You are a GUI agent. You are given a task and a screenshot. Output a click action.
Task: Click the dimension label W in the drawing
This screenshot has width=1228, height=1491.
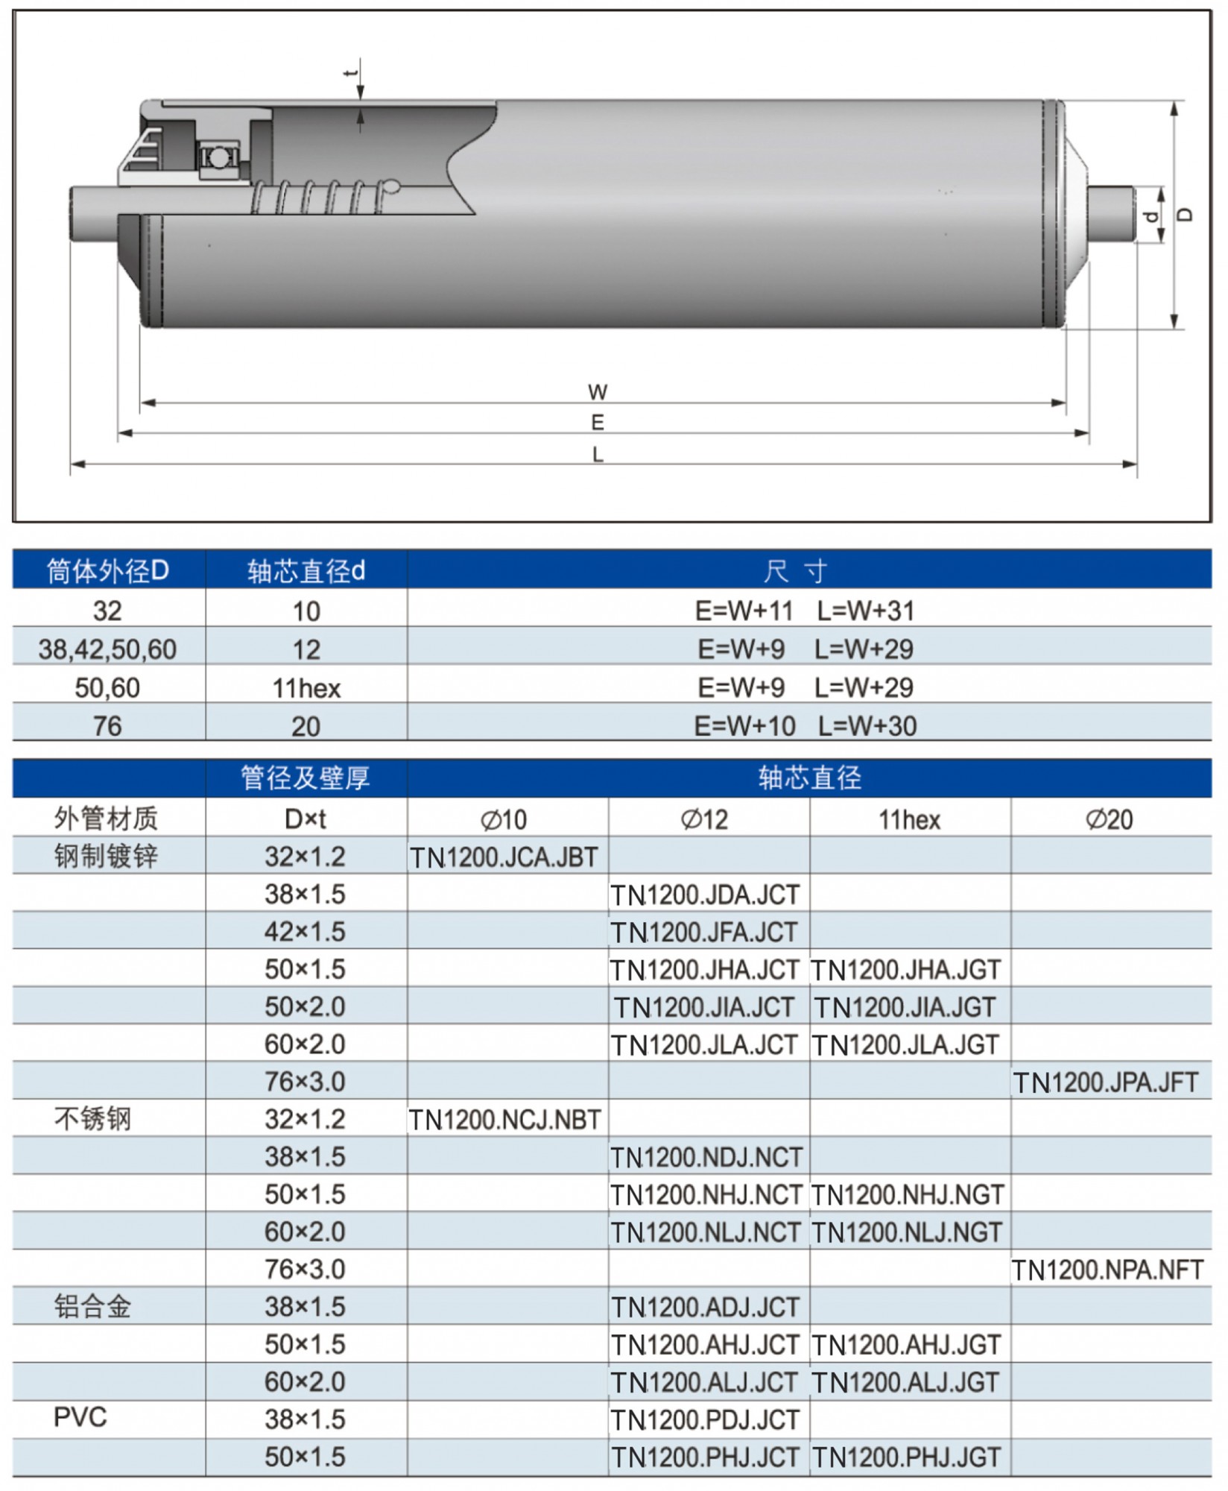[x=598, y=391]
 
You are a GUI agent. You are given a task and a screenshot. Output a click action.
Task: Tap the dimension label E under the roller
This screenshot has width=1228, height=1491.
[x=598, y=423]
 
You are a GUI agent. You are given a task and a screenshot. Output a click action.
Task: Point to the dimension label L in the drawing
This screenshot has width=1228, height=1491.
[x=598, y=454]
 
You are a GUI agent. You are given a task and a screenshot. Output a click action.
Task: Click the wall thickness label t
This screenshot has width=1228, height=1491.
[x=350, y=73]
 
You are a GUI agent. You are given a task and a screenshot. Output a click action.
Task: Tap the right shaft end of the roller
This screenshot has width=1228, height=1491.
[x=1111, y=213]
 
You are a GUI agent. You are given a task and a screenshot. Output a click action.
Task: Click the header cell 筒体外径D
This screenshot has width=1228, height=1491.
[x=108, y=571]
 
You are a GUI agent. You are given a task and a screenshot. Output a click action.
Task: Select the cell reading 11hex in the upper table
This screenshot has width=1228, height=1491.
[x=306, y=688]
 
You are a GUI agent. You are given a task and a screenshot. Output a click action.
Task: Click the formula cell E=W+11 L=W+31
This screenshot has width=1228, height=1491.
[x=805, y=611]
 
